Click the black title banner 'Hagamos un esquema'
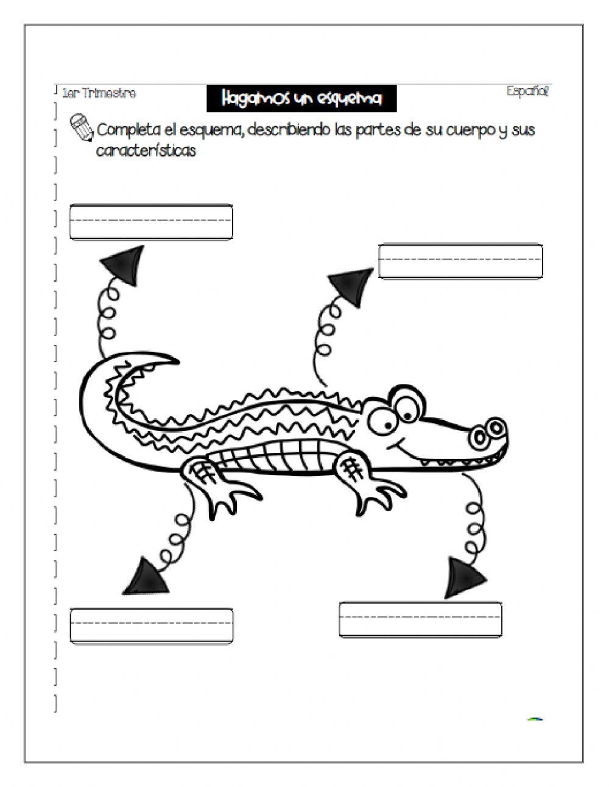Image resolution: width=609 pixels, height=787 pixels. point(301,98)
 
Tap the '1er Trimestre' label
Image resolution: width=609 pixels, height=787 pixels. point(99,93)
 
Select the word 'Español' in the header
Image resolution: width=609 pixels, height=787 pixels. point(527,91)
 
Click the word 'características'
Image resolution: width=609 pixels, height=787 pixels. point(146,151)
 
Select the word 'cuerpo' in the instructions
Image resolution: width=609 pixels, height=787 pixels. point(468,130)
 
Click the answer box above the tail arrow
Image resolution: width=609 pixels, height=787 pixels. point(151,222)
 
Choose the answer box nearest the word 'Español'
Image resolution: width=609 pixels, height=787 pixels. point(460,261)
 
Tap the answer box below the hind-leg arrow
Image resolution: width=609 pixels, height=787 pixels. point(152,625)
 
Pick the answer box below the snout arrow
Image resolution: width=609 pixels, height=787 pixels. point(420,619)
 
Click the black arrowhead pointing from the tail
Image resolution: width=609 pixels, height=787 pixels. point(125,265)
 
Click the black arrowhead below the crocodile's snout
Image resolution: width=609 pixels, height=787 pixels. point(464,577)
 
